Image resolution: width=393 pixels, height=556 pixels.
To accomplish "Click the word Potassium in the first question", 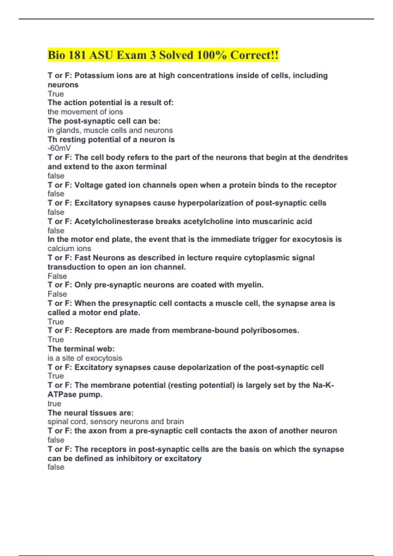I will (x=93, y=76).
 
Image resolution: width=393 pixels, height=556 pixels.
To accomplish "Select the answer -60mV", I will (x=59, y=148).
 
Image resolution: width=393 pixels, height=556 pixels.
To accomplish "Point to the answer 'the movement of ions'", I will (x=85, y=112).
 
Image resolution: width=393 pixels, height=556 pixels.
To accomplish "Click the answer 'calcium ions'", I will (x=69, y=249).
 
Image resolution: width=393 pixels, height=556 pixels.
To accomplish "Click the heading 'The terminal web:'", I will (x=81, y=349).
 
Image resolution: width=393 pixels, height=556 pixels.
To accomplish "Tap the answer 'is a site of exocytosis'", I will (x=85, y=358).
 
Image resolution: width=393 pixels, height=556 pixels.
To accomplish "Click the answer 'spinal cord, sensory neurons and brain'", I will (x=116, y=422).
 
